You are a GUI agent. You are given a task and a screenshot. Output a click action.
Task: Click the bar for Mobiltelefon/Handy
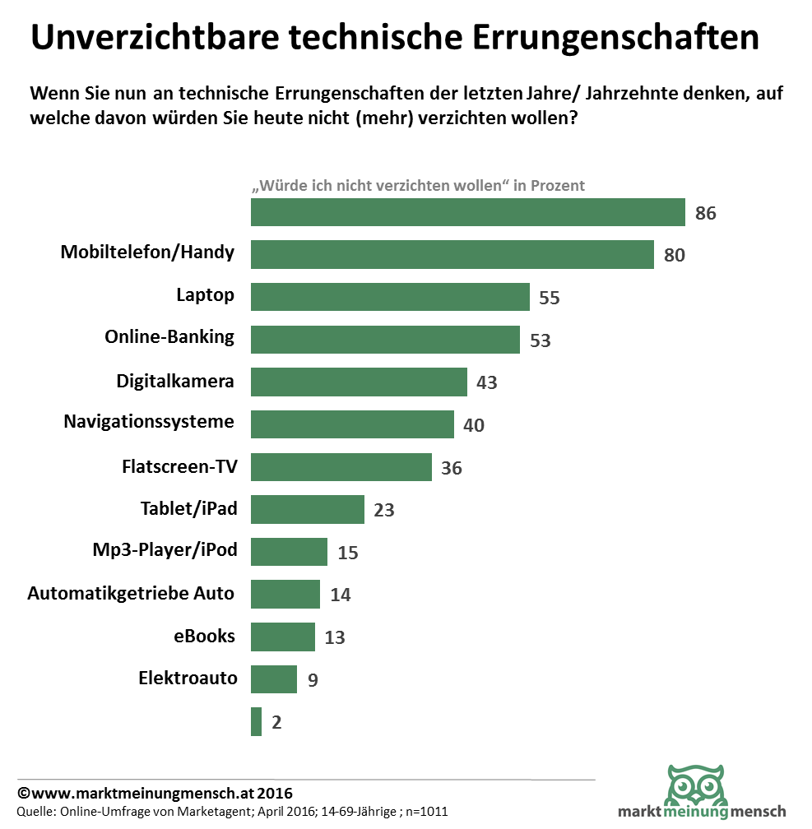pyautogui.click(x=452, y=254)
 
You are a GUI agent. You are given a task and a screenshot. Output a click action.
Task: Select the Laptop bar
pyautogui.click(x=390, y=297)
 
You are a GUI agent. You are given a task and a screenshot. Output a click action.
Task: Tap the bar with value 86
pyautogui.click(x=467, y=212)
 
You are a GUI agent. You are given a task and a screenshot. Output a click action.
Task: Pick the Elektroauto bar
pyautogui.click(x=273, y=679)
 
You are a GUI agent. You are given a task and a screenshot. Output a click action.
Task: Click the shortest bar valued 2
pyautogui.click(x=256, y=721)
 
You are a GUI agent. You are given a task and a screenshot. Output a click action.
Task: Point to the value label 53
pyautogui.click(x=540, y=340)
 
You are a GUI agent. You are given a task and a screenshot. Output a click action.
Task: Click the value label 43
pyautogui.click(x=487, y=383)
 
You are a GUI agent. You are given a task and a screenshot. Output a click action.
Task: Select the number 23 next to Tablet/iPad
pyautogui.click(x=384, y=511)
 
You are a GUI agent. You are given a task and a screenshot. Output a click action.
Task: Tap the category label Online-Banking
pyautogui.click(x=169, y=336)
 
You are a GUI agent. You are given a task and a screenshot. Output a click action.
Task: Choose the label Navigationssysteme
pyautogui.click(x=149, y=422)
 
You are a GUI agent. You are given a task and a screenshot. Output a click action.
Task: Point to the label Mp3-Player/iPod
pyautogui.click(x=165, y=549)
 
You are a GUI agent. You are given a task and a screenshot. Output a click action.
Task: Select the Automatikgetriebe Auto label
pyautogui.click(x=131, y=593)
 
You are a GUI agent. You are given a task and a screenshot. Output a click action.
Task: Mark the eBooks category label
pyautogui.click(x=204, y=636)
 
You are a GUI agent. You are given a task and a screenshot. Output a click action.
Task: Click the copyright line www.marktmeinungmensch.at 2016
pyautogui.click(x=155, y=794)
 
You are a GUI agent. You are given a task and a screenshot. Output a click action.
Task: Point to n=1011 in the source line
pyautogui.click(x=426, y=812)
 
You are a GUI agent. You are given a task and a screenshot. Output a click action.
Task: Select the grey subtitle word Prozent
pyautogui.click(x=558, y=185)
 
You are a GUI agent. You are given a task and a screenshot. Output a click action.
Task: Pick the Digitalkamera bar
pyautogui.click(x=359, y=382)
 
